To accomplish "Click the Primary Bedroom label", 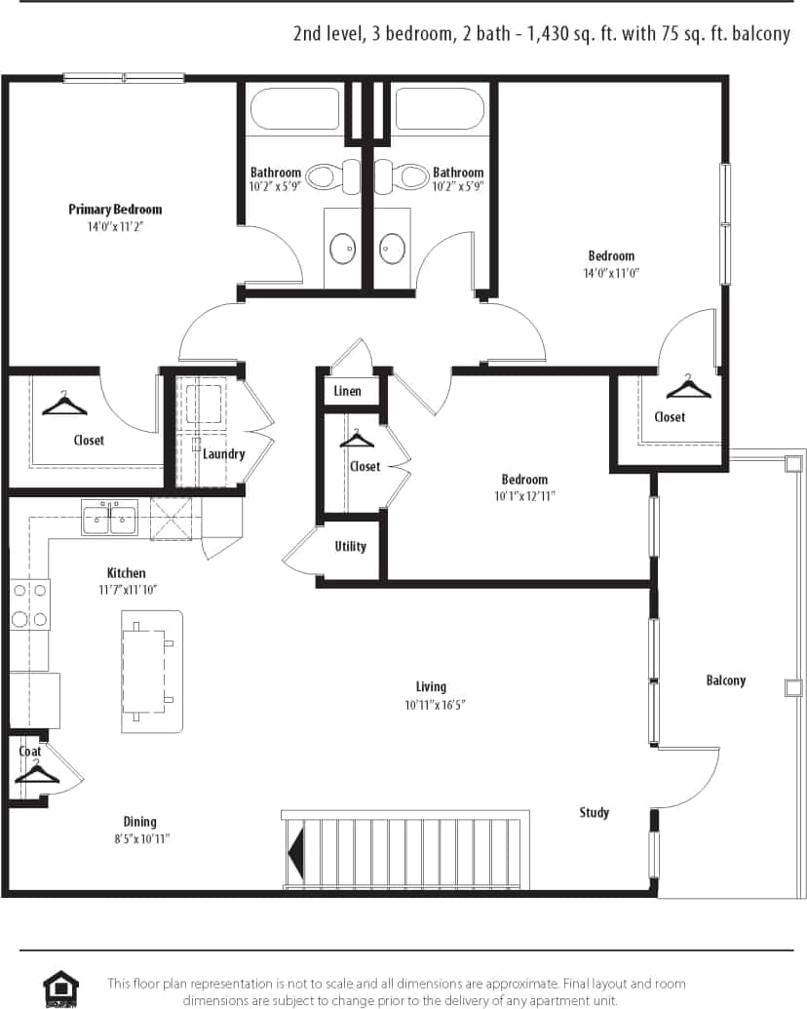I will click(115, 210).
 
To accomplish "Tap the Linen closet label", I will click(347, 391).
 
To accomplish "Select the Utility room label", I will click(350, 546).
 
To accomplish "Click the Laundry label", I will click(223, 453).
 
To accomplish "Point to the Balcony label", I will click(725, 680).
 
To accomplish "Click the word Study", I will click(594, 812).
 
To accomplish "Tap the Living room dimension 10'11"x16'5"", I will click(435, 705).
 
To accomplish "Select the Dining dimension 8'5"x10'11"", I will click(139, 838).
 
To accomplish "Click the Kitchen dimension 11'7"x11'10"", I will click(126, 590).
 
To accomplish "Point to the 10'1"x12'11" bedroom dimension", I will click(524, 495).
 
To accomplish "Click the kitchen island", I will click(152, 672).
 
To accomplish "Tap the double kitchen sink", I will click(109, 518).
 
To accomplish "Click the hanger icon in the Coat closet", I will click(36, 772).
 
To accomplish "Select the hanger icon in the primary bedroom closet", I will click(64, 403).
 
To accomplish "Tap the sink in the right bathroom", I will click(392, 249).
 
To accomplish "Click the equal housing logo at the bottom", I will click(60, 988).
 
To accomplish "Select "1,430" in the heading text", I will click(550, 34).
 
